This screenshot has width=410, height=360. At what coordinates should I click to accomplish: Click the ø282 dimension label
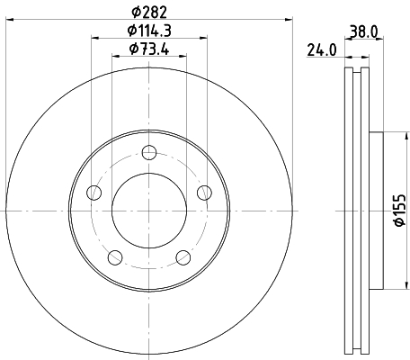[x=149, y=12]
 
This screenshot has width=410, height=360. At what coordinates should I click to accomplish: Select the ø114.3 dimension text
[x=149, y=31]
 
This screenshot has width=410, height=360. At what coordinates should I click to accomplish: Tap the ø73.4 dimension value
[x=149, y=49]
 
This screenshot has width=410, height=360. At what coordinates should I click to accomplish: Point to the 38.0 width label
[x=364, y=31]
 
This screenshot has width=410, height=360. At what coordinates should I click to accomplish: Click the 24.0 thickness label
[x=322, y=50]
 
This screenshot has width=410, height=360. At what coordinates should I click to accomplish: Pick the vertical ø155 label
[x=399, y=210]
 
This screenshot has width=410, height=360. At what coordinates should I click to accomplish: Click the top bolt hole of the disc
[x=149, y=152]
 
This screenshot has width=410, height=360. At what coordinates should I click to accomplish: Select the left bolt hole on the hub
[x=94, y=193]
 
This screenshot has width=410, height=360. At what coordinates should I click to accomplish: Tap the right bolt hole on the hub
[x=204, y=193]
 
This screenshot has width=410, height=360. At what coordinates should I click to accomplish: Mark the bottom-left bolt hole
[x=115, y=257]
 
